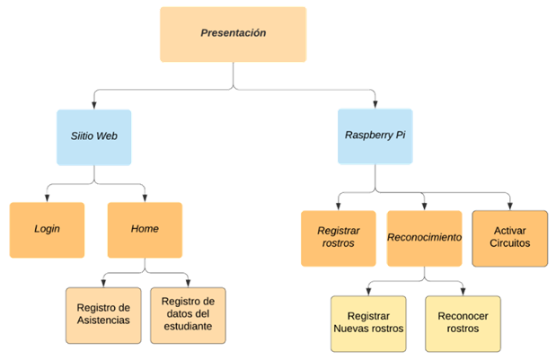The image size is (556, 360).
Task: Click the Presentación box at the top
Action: click(233, 34)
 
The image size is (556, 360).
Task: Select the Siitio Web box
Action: click(93, 136)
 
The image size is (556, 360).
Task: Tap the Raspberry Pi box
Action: click(375, 136)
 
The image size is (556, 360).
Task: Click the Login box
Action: click(47, 229)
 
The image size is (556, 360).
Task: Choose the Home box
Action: click(145, 229)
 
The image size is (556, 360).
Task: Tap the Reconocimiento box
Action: click(424, 238)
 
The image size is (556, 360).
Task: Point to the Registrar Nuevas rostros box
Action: click(367, 321)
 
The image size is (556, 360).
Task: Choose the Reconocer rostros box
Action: click(463, 321)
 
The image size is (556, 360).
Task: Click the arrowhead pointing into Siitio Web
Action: click(93, 103)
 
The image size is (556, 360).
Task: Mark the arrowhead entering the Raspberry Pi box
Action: click(375, 103)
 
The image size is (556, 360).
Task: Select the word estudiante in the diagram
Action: click(187, 326)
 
